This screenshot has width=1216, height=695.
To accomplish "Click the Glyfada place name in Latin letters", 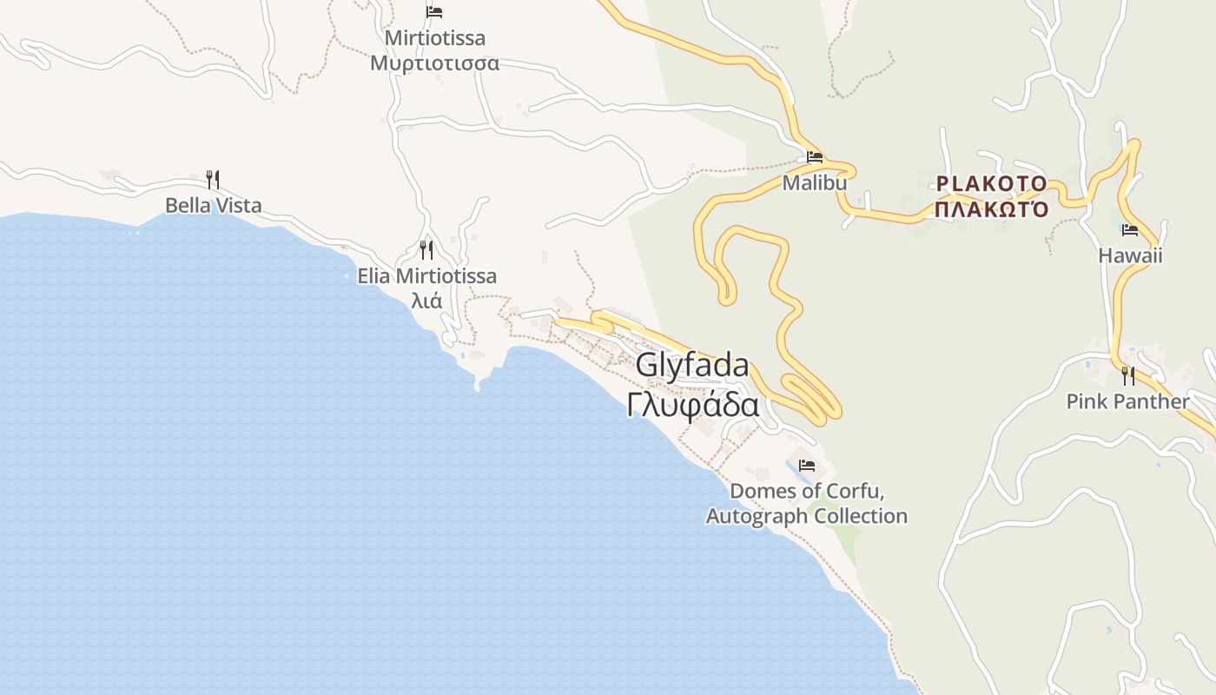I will (x=691, y=366).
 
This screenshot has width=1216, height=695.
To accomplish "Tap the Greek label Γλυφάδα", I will (x=693, y=405).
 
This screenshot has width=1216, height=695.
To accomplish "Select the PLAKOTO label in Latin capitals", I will (x=991, y=183).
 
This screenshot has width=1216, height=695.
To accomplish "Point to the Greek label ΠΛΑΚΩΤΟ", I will (x=991, y=208).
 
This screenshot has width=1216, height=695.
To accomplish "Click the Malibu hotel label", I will (x=814, y=183).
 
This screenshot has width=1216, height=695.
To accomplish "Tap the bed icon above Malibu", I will (x=815, y=157).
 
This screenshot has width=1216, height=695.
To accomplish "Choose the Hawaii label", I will (x=1129, y=255).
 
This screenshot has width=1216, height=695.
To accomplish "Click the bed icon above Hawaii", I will (x=1130, y=230).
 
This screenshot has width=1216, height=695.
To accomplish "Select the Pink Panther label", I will (x=1127, y=401).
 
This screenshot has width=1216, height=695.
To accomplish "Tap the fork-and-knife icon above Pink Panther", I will (x=1127, y=375).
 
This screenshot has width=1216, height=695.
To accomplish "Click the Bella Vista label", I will (x=213, y=206).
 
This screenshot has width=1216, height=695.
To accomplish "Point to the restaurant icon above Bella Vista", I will (x=213, y=179).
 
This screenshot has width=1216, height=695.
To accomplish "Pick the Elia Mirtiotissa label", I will (x=426, y=276).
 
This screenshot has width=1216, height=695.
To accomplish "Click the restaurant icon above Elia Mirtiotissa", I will (x=426, y=250).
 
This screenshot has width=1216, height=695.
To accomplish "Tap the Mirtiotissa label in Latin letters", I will (x=434, y=38).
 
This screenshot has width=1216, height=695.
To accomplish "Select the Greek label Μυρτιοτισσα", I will (x=434, y=63).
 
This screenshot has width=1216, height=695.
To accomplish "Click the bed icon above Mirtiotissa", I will (x=434, y=12).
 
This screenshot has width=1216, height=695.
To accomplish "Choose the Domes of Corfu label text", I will (x=806, y=503).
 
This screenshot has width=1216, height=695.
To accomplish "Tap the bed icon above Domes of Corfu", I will (x=807, y=466).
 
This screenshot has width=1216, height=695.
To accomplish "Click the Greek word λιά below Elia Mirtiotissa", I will (x=426, y=301).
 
